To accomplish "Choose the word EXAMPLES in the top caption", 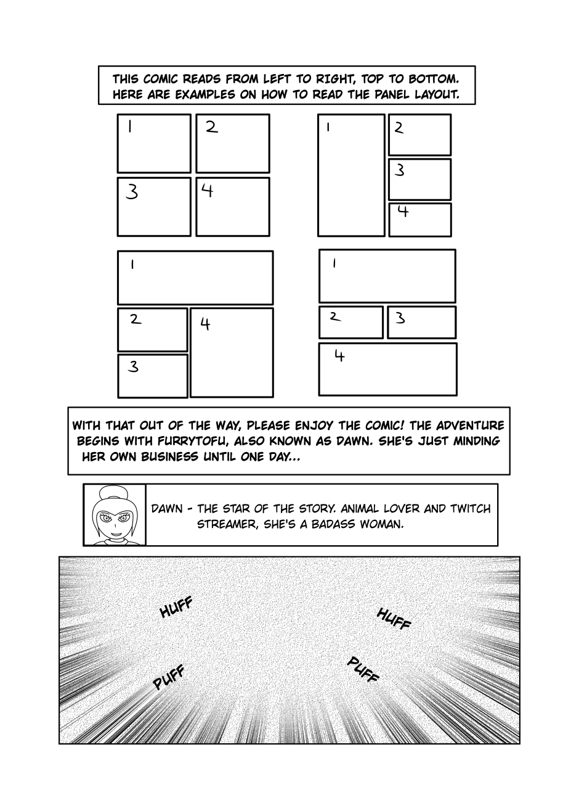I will click(x=206, y=95).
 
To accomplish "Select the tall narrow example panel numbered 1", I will click(x=351, y=176).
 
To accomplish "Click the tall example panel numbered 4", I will click(x=232, y=353).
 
